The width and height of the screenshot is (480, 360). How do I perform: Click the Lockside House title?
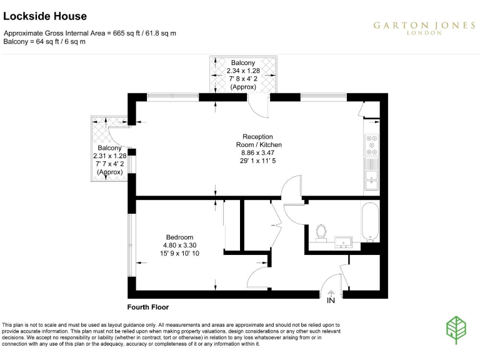click(x=45, y=16)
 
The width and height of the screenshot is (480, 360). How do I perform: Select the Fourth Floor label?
click(x=148, y=307)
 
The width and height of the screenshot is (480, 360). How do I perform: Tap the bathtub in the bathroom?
click(x=370, y=222)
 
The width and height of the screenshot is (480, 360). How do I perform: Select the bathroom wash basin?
click(x=344, y=241)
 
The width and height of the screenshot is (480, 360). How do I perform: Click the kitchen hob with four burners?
click(x=371, y=145)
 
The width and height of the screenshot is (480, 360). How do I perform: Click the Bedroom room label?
click(x=179, y=236)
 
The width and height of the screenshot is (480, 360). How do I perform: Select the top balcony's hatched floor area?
click(x=243, y=75)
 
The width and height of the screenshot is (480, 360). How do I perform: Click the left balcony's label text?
click(x=109, y=159)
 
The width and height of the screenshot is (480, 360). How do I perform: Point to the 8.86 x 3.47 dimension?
click(x=258, y=152)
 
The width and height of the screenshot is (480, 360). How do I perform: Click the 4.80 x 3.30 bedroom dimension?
click(x=179, y=245)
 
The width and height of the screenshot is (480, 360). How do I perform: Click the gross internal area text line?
click(x=90, y=33)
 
